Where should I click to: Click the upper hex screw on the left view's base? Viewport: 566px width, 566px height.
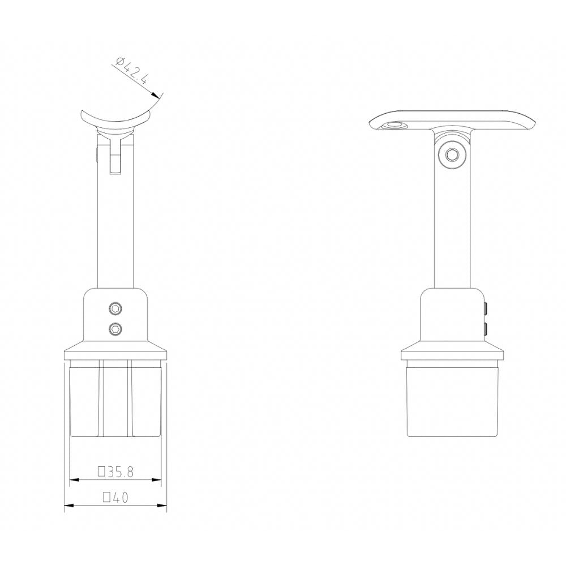(x=116, y=308)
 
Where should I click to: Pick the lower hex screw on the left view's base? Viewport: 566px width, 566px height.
(x=116, y=328)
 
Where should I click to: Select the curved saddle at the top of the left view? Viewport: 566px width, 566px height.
(x=117, y=121)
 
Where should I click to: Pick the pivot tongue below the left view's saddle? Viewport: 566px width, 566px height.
(x=116, y=158)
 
